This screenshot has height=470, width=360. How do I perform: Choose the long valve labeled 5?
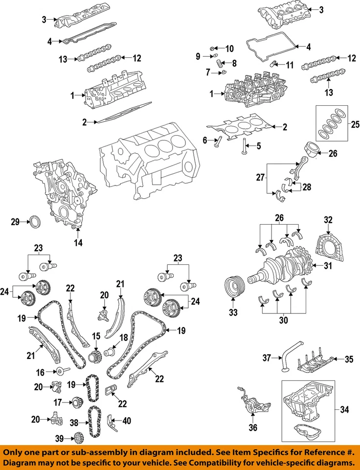click(x=243, y=145)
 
